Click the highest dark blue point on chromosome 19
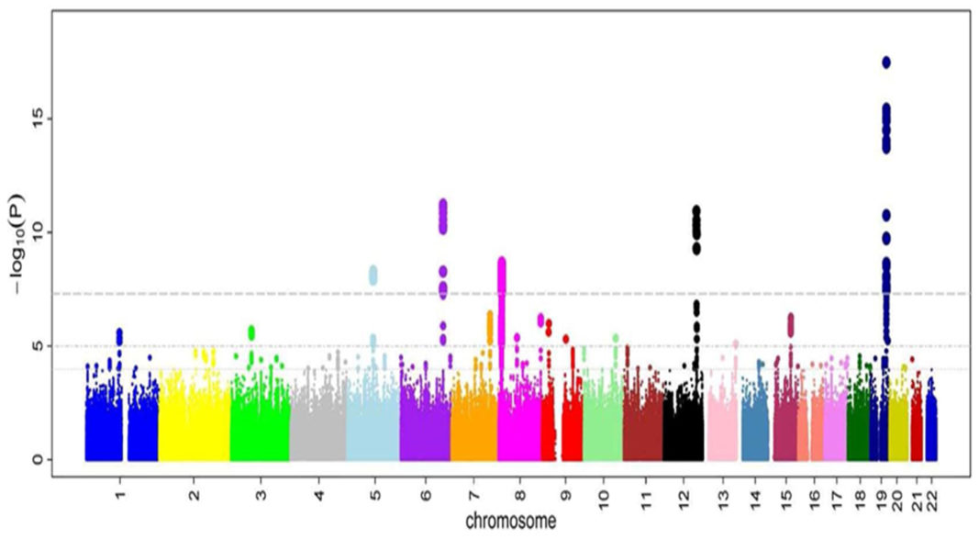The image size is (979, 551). coord(886,62)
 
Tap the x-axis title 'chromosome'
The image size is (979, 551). coord(511,522)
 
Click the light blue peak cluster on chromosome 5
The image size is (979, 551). coord(373,275)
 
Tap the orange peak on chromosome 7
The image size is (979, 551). coord(490,317)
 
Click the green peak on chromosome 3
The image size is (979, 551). coord(251,332)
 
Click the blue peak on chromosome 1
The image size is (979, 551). coord(118,334)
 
